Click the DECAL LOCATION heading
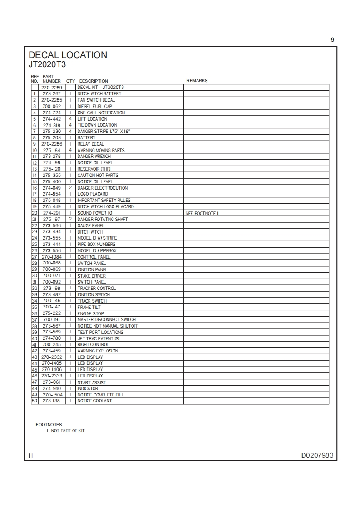pyautogui.click(x=68, y=55)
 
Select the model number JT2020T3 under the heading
pyautogui.click(x=47, y=64)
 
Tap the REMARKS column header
pyautogui.click(x=197, y=81)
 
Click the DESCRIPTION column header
pyautogui.click(x=94, y=81)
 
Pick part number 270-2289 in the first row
pyautogui.click(x=51, y=87)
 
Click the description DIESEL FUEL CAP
pyautogui.click(x=94, y=106)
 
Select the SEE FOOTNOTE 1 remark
pyautogui.click(x=202, y=213)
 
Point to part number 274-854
pyautogui.click(x=51, y=194)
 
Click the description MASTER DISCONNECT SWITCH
pyautogui.click(x=106, y=320)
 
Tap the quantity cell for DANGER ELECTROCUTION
pyautogui.click(x=70, y=188)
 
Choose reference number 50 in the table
pyautogui.click(x=34, y=401)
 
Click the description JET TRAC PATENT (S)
pyautogui.click(x=98, y=338)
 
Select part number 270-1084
pyautogui.click(x=51, y=257)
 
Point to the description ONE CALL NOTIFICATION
pyautogui.click(x=101, y=113)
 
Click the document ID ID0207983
pyautogui.click(x=318, y=455)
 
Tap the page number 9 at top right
pyautogui.click(x=332, y=40)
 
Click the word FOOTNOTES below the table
pyautogui.click(x=49, y=425)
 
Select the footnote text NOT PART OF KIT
pyautogui.click(x=68, y=431)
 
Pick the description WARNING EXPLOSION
pyautogui.click(x=98, y=351)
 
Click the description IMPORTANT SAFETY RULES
pyautogui.click(x=104, y=201)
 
